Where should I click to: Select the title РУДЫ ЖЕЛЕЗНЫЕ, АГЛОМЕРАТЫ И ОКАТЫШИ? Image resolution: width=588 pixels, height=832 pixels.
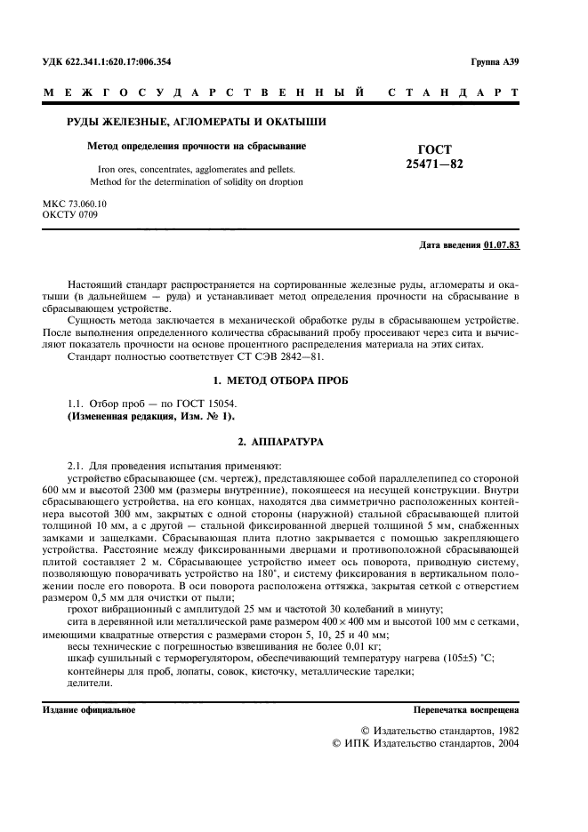(197, 121)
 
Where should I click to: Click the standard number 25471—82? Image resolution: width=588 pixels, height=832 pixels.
(434, 164)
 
